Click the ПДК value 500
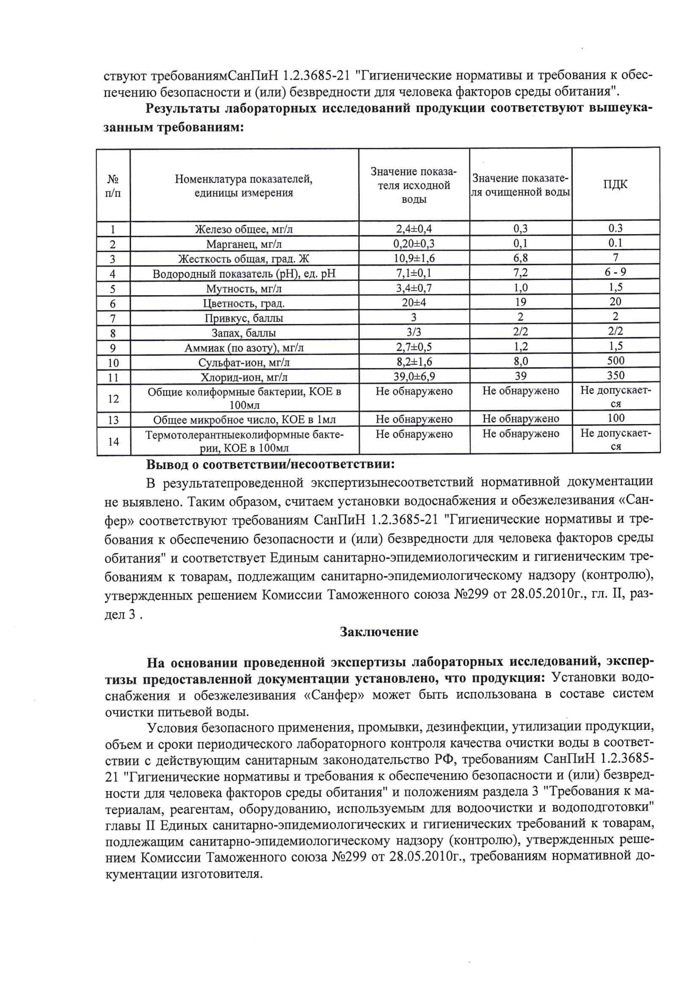coord(616,360)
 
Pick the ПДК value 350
coord(616,375)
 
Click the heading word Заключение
coord(379,632)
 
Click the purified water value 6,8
coord(520,258)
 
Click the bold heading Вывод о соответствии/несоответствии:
coord(270,465)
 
